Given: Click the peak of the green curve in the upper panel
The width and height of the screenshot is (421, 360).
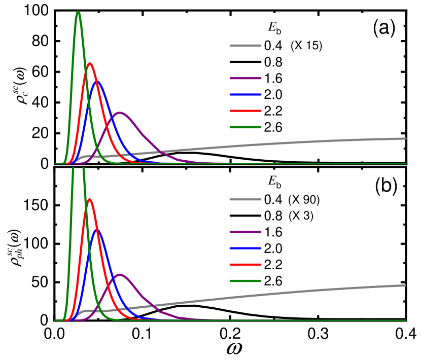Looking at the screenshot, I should [78, 12].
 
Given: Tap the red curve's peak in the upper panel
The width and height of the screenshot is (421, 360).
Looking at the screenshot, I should [90, 63].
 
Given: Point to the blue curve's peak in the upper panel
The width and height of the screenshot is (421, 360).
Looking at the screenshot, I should [97, 81].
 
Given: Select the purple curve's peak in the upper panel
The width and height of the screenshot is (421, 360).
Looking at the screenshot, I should [120, 113].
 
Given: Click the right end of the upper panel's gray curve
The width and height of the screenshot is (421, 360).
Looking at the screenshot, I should [405, 138].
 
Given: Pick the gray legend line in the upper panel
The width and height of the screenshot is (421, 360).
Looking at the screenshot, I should [245, 46].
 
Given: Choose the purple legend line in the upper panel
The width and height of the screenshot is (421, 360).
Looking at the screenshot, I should [245, 78].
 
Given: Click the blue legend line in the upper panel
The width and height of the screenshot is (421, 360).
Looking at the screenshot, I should [245, 94].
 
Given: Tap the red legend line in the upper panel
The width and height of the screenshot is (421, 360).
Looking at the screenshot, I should [245, 111].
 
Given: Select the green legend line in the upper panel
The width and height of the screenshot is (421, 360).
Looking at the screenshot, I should [245, 127].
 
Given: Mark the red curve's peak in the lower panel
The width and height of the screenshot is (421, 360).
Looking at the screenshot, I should [90, 199].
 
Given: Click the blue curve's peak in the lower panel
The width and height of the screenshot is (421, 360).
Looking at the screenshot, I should [97, 229].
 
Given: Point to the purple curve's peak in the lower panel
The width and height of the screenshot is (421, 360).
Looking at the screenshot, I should [120, 275].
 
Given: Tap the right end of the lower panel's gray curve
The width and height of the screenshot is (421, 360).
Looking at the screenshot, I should [405, 285].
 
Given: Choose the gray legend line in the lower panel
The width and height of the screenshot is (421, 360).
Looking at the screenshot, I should [245, 199].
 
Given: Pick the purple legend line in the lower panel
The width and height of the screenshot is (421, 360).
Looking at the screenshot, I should [245, 232].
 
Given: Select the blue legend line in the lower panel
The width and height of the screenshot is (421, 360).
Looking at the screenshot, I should [245, 248].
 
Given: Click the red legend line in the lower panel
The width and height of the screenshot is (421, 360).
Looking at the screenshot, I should [245, 264].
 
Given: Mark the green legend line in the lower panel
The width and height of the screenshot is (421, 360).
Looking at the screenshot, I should [245, 280].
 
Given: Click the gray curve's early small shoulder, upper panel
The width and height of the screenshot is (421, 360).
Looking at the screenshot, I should [84, 157].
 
